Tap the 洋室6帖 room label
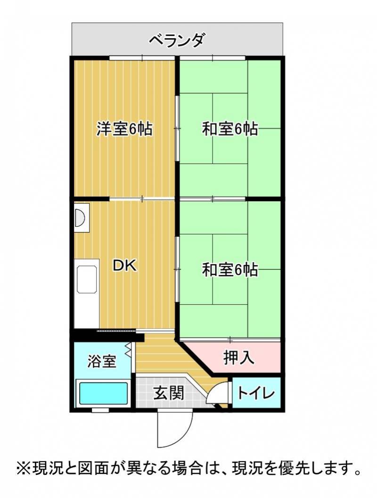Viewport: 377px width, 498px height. click(x=124, y=129)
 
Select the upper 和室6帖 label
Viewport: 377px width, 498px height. click(x=230, y=129)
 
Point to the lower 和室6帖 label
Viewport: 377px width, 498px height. click(x=230, y=269)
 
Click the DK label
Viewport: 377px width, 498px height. click(x=125, y=266)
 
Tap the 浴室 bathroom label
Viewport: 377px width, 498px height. click(x=101, y=361)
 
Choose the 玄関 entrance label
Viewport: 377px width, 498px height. click(x=169, y=393)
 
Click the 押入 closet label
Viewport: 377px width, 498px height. click(x=238, y=357)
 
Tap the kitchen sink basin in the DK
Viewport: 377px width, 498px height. click(x=87, y=280)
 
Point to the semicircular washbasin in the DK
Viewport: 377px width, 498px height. click(x=80, y=218)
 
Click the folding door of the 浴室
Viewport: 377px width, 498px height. click(x=129, y=349)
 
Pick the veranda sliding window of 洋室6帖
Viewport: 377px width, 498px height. click(x=142, y=58)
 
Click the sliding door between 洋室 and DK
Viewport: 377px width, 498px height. click(x=142, y=199)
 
